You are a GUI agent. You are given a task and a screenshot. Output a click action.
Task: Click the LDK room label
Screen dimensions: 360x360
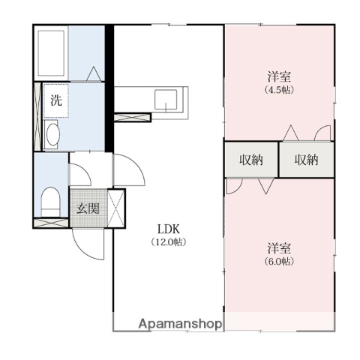click(168, 229)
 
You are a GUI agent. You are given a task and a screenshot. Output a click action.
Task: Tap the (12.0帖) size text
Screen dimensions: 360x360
click(168, 242)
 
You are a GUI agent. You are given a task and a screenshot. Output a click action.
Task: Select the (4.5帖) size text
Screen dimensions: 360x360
click(279, 90)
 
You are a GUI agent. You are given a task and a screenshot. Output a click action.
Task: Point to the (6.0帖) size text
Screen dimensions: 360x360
click(279, 261)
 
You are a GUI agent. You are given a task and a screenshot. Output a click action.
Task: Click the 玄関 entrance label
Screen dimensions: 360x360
click(88, 208)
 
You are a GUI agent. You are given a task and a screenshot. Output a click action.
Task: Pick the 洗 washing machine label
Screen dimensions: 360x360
click(56, 100)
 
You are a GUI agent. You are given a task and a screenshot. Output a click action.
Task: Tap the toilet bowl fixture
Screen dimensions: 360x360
click(51, 202)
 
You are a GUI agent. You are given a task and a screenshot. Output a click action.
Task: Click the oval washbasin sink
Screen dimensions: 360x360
click(52, 134)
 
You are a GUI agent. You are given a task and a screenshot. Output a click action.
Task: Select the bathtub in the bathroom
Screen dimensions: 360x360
click(52, 53)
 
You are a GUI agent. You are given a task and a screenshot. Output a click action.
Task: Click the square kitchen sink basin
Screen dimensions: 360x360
click(166, 100)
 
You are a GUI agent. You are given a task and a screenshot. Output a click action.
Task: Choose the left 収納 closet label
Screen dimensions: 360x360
click(251, 160)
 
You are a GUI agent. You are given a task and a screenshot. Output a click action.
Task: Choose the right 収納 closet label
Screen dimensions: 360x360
click(306, 160)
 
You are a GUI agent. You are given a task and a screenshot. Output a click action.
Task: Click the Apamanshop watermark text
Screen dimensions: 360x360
click(180, 324)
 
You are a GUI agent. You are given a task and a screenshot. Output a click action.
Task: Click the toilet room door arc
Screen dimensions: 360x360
click(84, 170)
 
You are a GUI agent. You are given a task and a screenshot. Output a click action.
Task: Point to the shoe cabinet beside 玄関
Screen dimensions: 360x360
click(116, 208)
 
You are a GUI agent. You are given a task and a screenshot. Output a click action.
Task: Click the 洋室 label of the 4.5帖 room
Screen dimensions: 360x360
click(279, 76)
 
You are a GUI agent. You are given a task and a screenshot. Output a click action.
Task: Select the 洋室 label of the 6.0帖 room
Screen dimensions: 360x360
click(279, 248)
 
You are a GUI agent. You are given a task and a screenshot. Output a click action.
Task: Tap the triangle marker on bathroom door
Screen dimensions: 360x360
click(94, 73)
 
